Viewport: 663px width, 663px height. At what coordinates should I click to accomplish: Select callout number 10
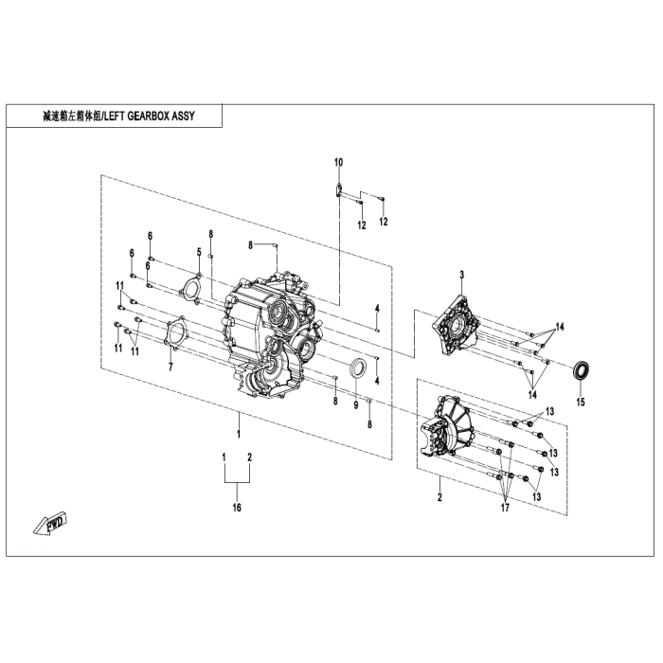coord(338,164)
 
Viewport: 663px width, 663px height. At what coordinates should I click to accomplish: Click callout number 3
coord(461,274)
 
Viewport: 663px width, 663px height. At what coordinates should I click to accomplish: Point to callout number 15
coord(581,402)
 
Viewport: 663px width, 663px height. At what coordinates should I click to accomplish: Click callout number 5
coord(199,251)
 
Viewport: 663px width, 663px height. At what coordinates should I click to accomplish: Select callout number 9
coord(355,404)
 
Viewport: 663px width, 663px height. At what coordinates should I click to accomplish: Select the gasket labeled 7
coord(174,336)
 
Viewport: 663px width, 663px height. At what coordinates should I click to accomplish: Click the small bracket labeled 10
coord(337,192)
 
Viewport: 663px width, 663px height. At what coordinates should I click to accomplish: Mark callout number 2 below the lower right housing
coord(439,496)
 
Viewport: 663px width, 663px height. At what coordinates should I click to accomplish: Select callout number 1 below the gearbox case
coord(239,433)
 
